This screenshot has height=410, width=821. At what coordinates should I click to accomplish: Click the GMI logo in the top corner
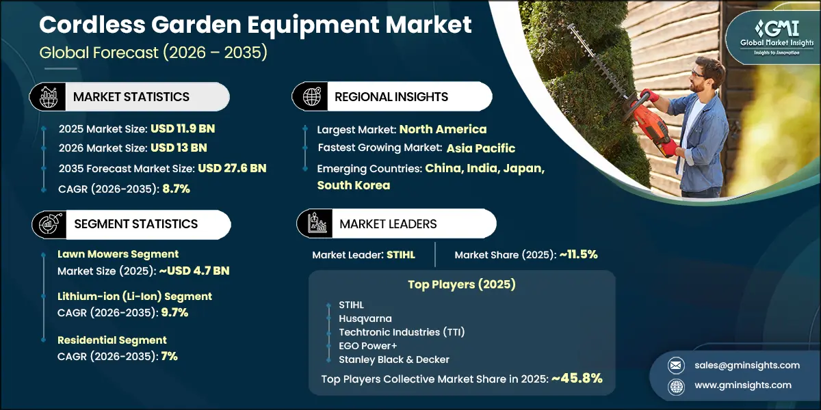770,36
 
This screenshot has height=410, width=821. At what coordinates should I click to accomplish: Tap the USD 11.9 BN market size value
182,128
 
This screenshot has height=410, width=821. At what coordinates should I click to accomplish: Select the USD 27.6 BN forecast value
232,168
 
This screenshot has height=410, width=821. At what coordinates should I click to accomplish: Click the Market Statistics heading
131,97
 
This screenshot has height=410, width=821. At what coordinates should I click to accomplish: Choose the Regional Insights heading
391,97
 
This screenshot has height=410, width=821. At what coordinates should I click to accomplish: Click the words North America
443,129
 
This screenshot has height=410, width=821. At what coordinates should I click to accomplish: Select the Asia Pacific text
481,148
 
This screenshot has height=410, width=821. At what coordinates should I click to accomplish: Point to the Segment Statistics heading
135,224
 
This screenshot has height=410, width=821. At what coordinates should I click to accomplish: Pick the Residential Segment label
112,340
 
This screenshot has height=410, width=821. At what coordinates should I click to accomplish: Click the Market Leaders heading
388,224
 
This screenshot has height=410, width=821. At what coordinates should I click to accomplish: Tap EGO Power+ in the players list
368,346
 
